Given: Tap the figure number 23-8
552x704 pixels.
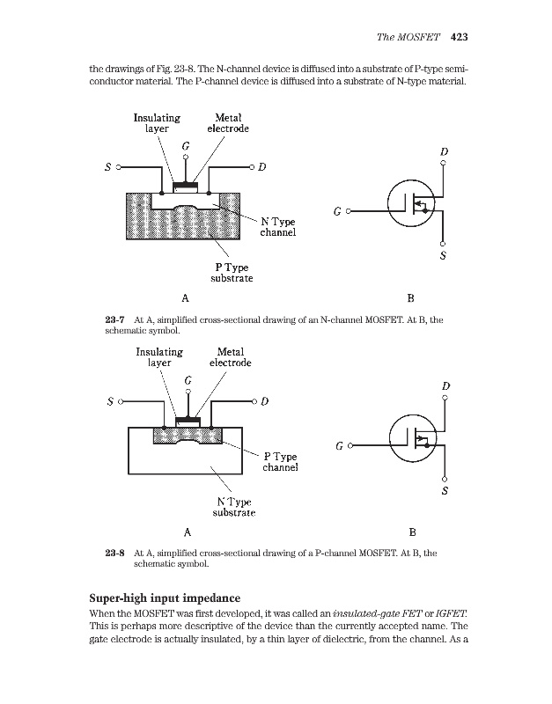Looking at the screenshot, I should (115, 554).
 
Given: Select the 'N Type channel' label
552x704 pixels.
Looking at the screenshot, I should (277, 227).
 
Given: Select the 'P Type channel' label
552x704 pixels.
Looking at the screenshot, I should (281, 462).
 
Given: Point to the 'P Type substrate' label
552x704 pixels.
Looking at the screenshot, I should (232, 272).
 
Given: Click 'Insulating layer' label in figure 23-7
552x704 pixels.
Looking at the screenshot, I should (157, 122).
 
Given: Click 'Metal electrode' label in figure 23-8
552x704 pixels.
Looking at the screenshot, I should (230, 356).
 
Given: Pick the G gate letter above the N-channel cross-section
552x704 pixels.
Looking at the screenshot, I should (186, 144).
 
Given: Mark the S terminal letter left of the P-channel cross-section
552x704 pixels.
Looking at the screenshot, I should (108, 401).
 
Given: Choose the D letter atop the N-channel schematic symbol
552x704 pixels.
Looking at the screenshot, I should (444, 152).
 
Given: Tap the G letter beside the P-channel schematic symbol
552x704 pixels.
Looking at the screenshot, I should (339, 447).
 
